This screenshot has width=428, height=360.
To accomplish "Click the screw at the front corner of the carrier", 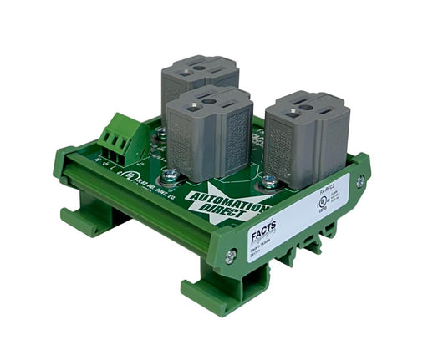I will coord(230,257).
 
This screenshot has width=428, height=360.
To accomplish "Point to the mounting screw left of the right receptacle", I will coord(268,179).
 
